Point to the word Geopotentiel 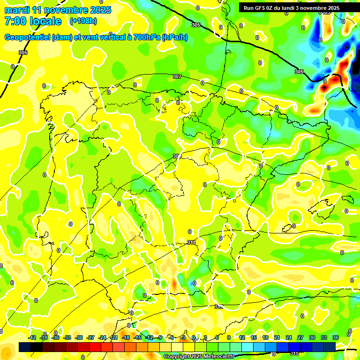(x=28, y=37)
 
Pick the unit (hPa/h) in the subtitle (x=174, y=37)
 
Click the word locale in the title (x=44, y=21)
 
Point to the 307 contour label (x=177, y=76)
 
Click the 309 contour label (x=177, y=156)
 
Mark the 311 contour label (x=191, y=242)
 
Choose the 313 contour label (x=218, y=307)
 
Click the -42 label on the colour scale (x=32, y=337)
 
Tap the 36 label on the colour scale (x=336, y=337)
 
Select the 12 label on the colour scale (x=242, y=337)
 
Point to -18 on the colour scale (x=126, y=337)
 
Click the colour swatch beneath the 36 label (x=330, y=346)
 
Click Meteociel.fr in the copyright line (x=219, y=357)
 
